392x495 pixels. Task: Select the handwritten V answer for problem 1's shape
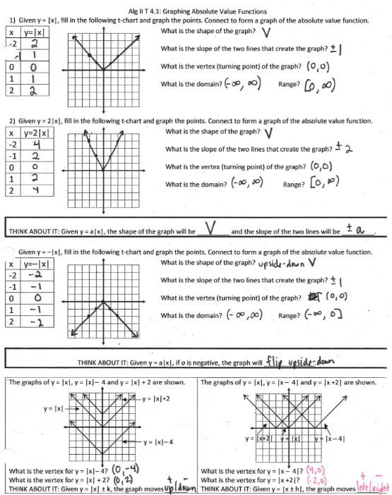(266, 33)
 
